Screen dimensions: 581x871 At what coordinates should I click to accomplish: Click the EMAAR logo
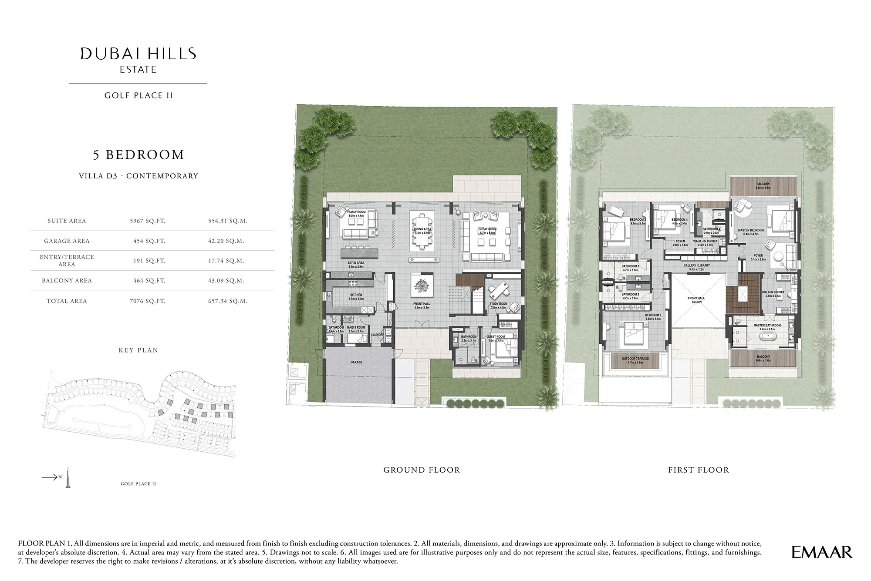pos(821,552)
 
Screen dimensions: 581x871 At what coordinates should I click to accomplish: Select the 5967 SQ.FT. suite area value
pos(148,221)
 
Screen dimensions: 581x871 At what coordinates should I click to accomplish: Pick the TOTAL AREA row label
pos(67,301)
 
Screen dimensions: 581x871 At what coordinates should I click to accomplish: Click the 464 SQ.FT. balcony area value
pos(149,281)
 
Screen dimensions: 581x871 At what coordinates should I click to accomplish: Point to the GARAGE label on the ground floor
pos(356,362)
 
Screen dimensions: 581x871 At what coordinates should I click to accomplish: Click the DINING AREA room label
pos(422,229)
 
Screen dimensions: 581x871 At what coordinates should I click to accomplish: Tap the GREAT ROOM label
pos(487,229)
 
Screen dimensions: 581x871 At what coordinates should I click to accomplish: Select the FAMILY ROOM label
pos(356,212)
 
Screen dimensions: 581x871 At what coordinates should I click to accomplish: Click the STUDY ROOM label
pos(498,304)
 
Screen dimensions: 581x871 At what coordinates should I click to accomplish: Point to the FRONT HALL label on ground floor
pos(422,304)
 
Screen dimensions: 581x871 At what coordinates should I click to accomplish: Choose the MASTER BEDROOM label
pos(751,230)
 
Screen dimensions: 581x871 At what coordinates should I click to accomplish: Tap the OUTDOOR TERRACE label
pos(635,359)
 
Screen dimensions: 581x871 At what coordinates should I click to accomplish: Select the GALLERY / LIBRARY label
pos(696,265)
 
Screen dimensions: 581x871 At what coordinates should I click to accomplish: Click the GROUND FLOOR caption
pos(422,470)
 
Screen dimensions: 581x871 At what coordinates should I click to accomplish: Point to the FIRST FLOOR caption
pos(698,470)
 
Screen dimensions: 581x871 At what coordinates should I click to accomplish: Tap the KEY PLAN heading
pos(138,350)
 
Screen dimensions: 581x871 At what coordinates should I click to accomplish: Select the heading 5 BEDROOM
pos(138,155)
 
